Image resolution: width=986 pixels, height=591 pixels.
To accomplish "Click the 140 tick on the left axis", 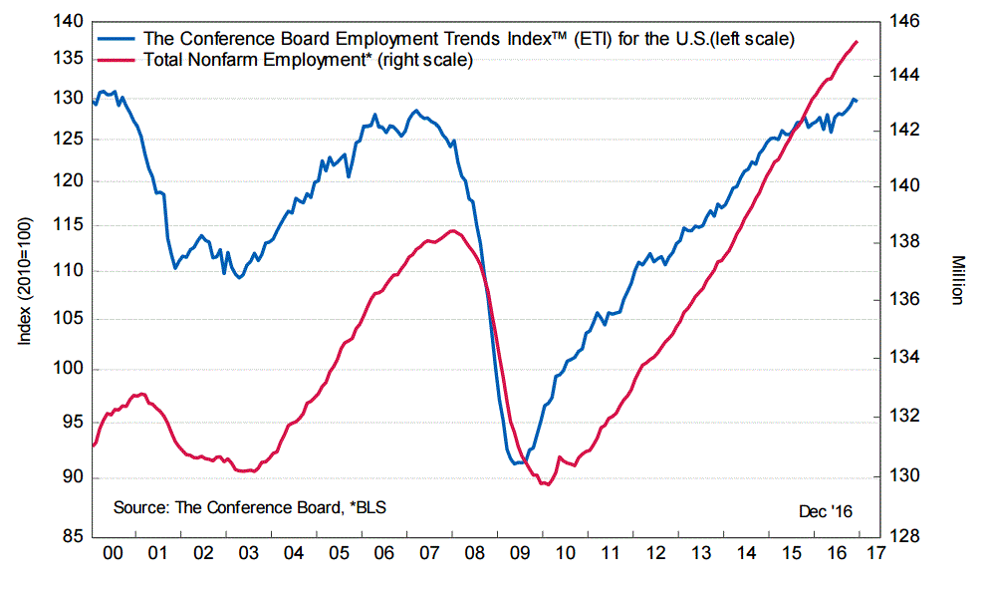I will pos(68,21).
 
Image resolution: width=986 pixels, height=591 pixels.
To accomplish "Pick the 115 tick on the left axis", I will pos(68,226).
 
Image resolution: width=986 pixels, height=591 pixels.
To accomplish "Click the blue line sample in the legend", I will pos(119,40).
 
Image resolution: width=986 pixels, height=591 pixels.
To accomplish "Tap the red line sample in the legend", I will pos(119,61).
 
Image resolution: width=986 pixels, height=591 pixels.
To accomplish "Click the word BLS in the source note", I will pos(370,507).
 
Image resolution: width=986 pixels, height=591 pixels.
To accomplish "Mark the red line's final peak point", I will pos(858,41).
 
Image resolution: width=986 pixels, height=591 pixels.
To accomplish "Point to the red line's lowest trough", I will pos(545,483).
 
